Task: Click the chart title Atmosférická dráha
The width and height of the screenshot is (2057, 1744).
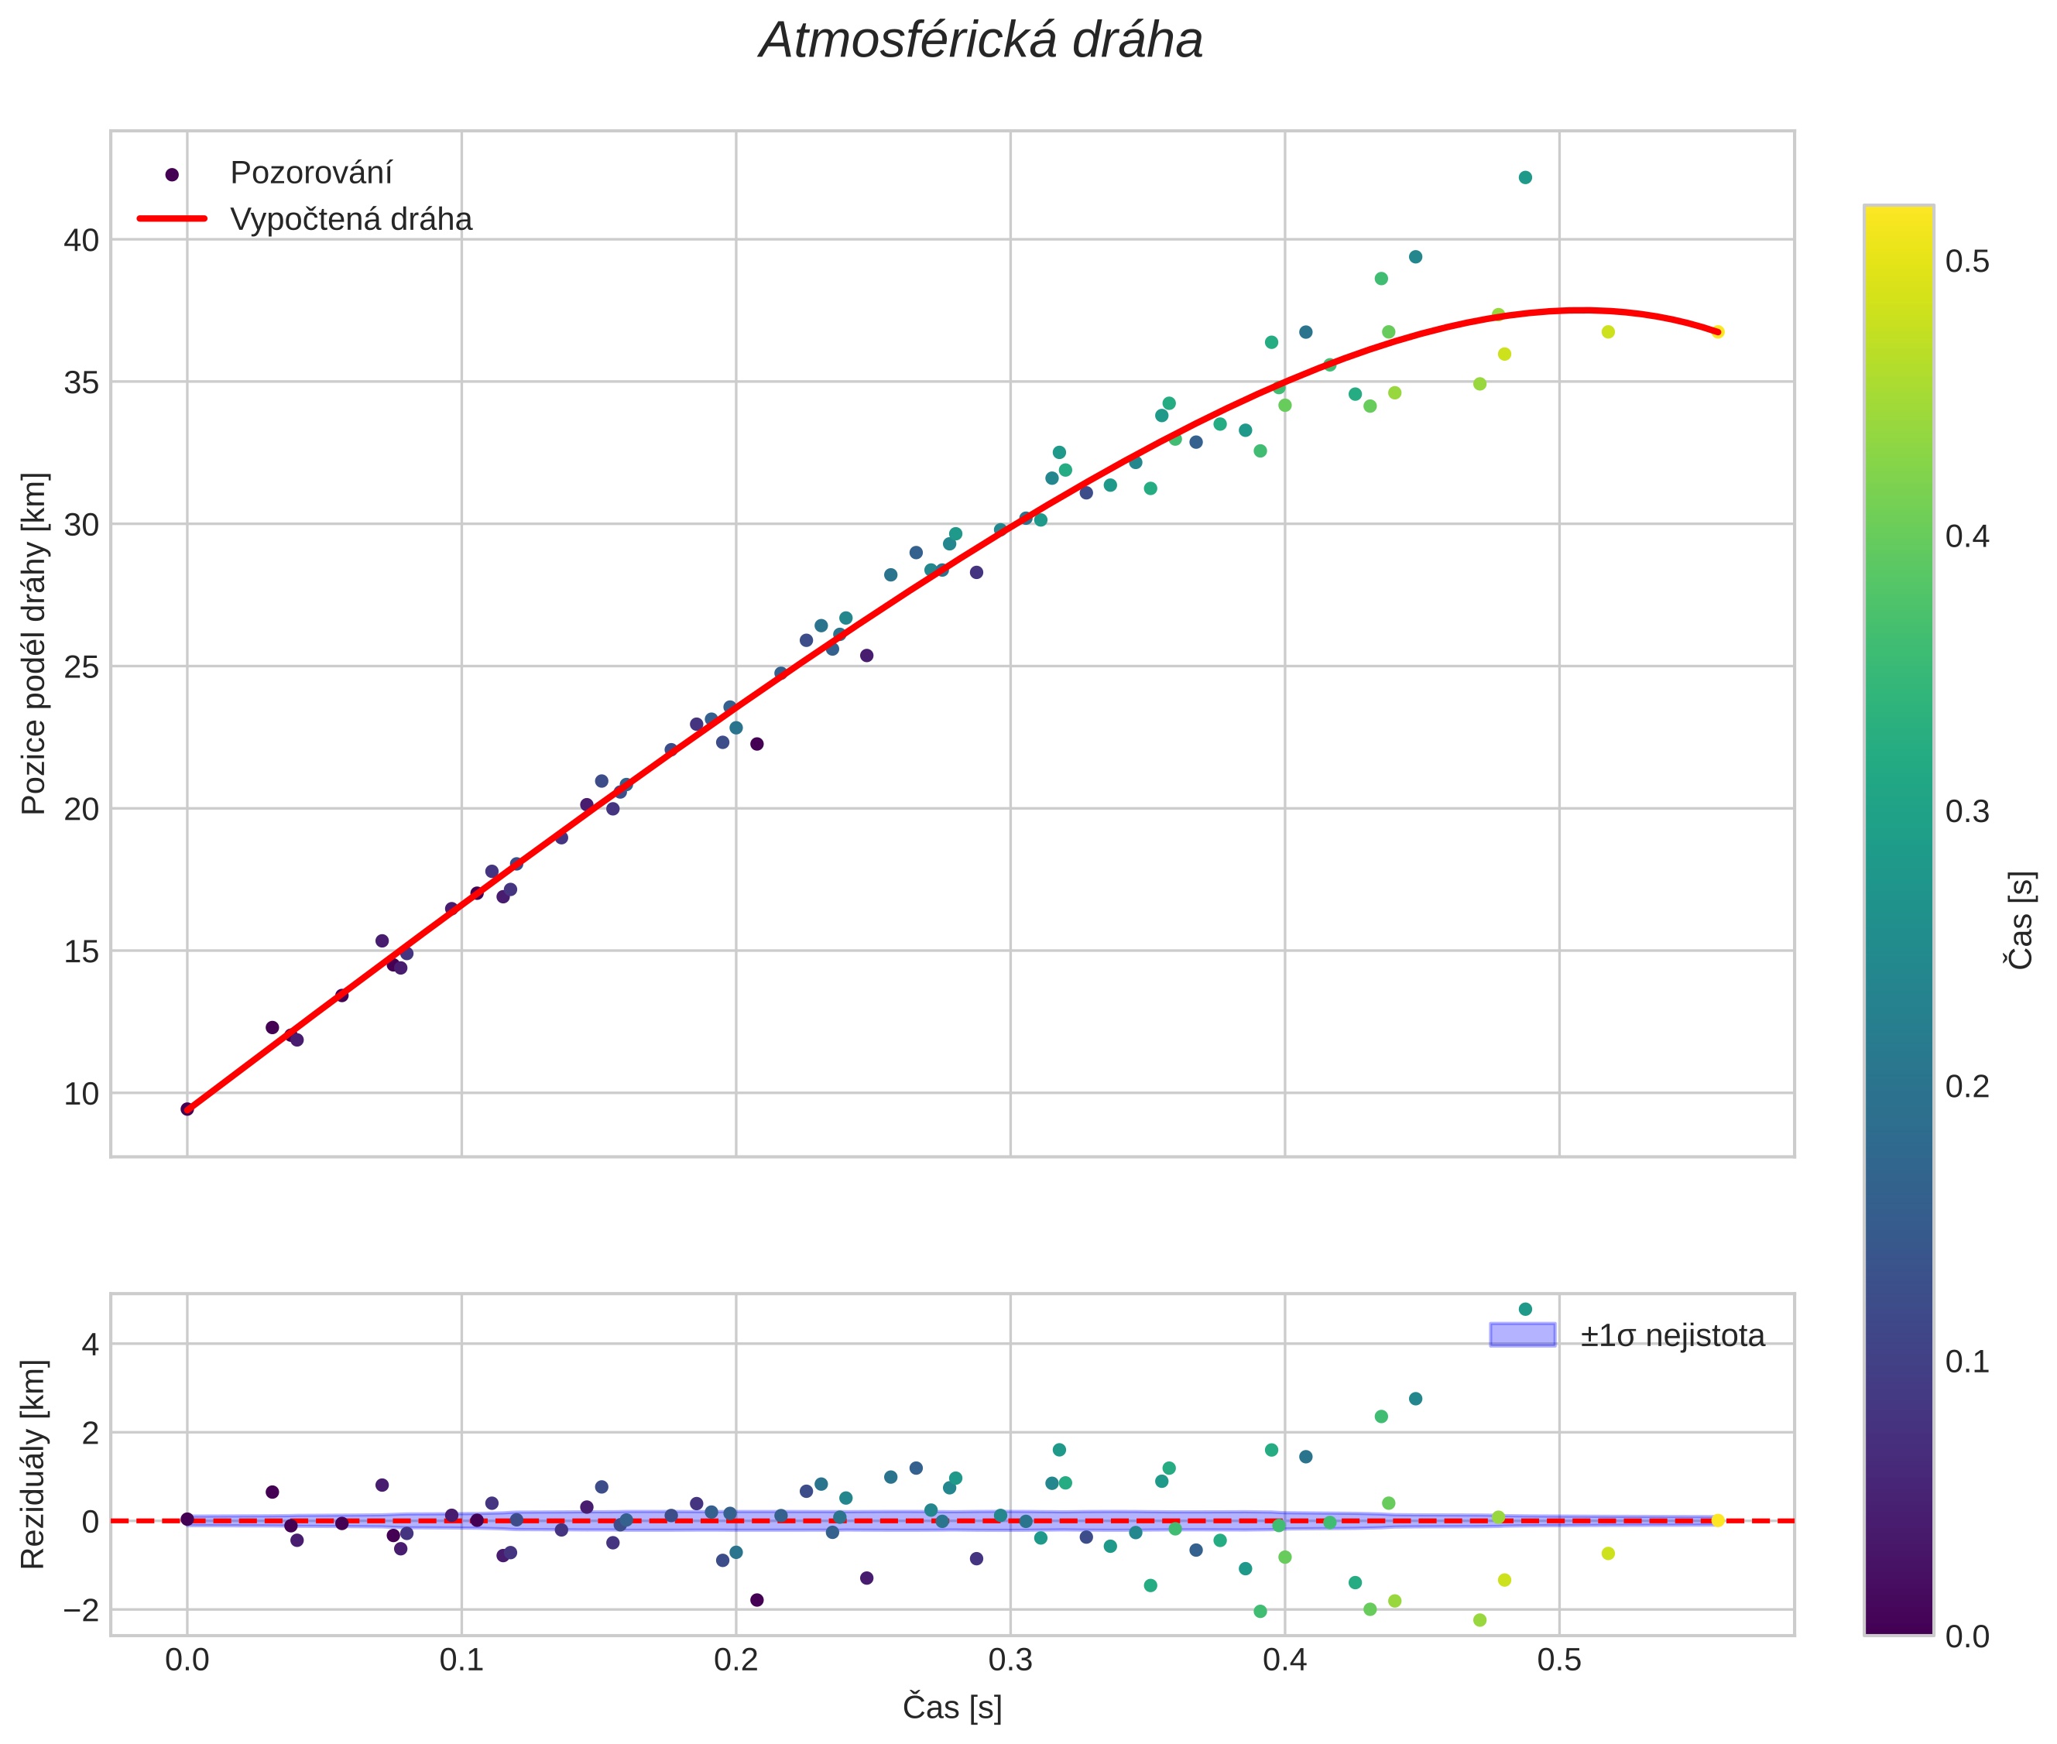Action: (x=980, y=42)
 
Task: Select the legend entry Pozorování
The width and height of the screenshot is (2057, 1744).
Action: (x=310, y=173)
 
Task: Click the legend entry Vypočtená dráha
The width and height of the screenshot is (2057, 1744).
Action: (x=351, y=220)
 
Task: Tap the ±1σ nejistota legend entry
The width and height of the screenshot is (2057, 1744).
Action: (x=1671, y=1336)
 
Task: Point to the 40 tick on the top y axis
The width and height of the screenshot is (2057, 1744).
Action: (x=81, y=240)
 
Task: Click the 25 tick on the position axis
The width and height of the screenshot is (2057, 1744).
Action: (x=81, y=667)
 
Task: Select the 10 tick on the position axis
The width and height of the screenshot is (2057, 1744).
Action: (x=81, y=1095)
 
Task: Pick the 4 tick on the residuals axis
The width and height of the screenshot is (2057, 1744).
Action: (x=90, y=1345)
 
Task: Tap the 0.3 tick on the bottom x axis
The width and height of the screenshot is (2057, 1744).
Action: (x=1010, y=1660)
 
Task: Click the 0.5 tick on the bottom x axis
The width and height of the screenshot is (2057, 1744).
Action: (x=1558, y=1660)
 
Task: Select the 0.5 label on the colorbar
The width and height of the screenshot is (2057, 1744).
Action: (x=1967, y=262)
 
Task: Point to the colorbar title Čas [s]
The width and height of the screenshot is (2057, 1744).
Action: (x=2021, y=920)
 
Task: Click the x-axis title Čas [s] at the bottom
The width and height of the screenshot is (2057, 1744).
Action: (x=951, y=1708)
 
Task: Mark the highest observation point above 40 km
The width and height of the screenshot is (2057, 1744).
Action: (x=1525, y=178)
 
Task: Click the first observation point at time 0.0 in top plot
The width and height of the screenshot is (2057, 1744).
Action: (x=187, y=1109)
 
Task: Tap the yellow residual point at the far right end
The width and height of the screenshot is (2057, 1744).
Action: (x=1718, y=1520)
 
